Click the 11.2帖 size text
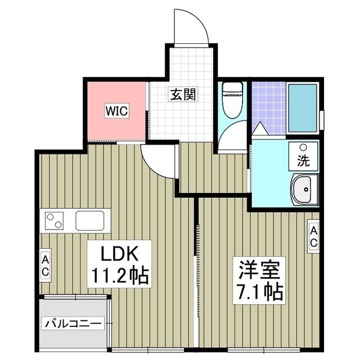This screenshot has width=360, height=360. click(119, 276)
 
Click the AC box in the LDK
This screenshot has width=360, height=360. click(45, 264)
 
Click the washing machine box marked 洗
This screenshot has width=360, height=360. click(303, 156)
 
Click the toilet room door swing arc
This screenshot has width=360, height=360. click(233, 138)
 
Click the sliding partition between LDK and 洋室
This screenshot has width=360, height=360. click(197, 270)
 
